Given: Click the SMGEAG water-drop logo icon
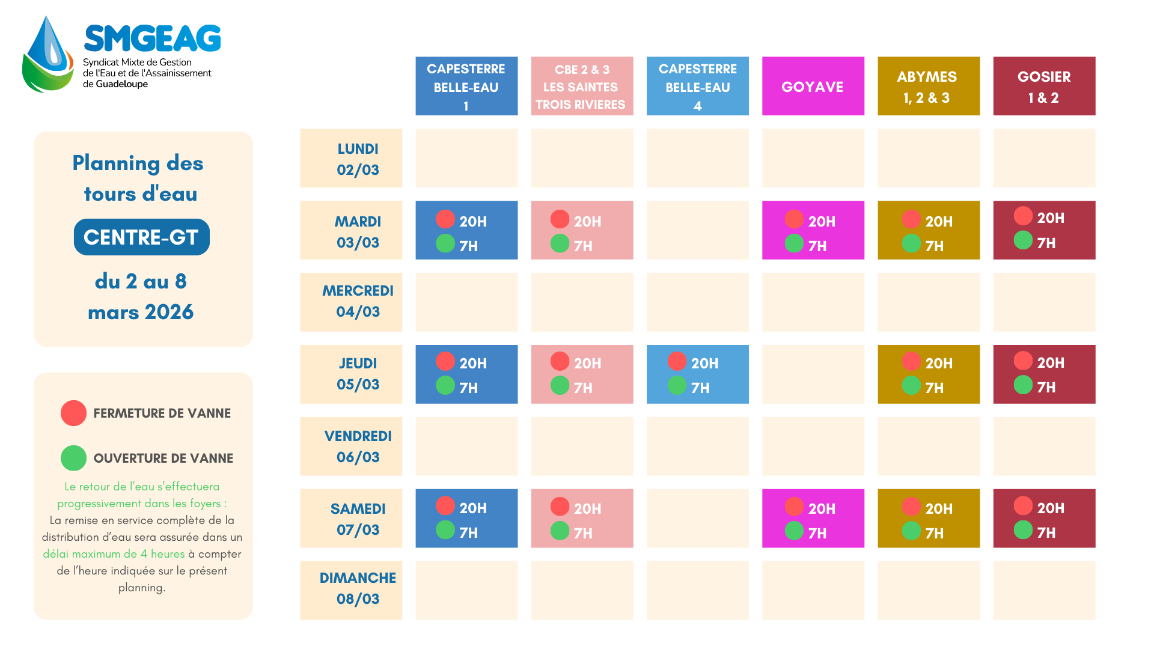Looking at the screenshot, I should pyautogui.click(x=48, y=55).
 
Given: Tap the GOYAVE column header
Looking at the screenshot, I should pyautogui.click(x=813, y=87).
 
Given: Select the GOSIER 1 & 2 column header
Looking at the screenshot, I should pyautogui.click(x=1044, y=87).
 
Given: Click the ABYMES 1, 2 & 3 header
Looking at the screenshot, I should pyautogui.click(x=928, y=87).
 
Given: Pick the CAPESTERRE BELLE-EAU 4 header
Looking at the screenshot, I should pyautogui.click(x=697, y=87).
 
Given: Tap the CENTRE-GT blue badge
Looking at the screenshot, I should pyautogui.click(x=142, y=237).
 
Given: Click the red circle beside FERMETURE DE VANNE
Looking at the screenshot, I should pyautogui.click(x=73, y=413).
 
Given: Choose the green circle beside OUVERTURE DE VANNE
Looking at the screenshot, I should pyautogui.click(x=73, y=458).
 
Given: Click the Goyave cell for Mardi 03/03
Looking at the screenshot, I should pyautogui.click(x=813, y=230).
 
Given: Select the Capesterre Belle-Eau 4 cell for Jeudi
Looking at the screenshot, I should pyautogui.click(x=697, y=374).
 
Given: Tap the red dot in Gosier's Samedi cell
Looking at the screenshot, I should pyautogui.click(x=1023, y=506).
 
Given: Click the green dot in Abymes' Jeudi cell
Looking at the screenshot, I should pyautogui.click(x=911, y=385).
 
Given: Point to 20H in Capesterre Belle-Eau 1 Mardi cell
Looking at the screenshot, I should pyautogui.click(x=473, y=222).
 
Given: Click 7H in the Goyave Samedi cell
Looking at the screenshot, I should pyautogui.click(x=817, y=533).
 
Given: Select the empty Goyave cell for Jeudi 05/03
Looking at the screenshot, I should pyautogui.click(x=813, y=374).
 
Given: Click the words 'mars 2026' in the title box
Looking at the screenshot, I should pyautogui.click(x=141, y=312).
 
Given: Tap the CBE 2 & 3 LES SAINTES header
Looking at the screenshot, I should pyautogui.click(x=582, y=87).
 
